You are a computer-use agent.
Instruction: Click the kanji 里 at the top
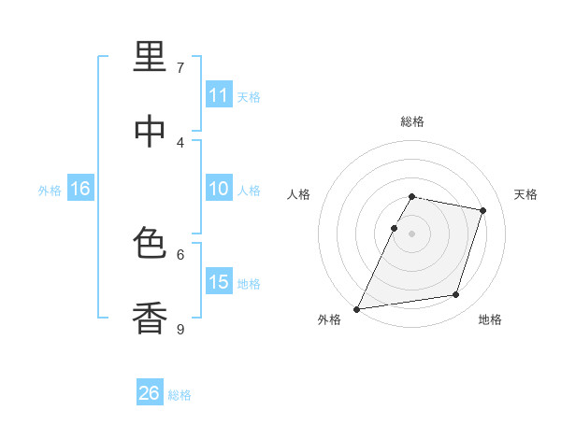tap(150, 56)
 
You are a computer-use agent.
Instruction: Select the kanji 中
tap(150, 131)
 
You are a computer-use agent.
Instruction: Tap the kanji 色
tap(150, 242)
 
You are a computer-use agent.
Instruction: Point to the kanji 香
tap(150, 318)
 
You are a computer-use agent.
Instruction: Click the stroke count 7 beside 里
tap(180, 67)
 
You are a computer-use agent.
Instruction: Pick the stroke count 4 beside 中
tap(180, 143)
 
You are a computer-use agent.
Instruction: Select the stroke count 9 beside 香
tap(180, 329)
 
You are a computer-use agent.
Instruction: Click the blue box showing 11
tap(219, 93)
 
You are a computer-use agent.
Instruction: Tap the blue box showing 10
tap(219, 188)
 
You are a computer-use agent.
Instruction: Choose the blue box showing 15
tap(219, 280)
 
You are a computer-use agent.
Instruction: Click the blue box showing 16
tap(80, 188)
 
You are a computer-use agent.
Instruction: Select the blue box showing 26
tap(150, 391)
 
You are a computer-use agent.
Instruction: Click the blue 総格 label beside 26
tap(180, 395)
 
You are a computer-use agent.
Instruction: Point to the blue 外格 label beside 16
tap(50, 191)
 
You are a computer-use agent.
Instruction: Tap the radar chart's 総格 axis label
tap(412, 121)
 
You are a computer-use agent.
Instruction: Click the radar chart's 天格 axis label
tap(525, 194)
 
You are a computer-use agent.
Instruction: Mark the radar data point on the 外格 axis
tap(356, 309)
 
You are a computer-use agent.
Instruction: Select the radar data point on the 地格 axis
tap(456, 294)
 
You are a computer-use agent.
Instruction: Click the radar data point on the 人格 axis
tap(394, 228)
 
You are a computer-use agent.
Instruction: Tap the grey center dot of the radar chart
tap(411, 234)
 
